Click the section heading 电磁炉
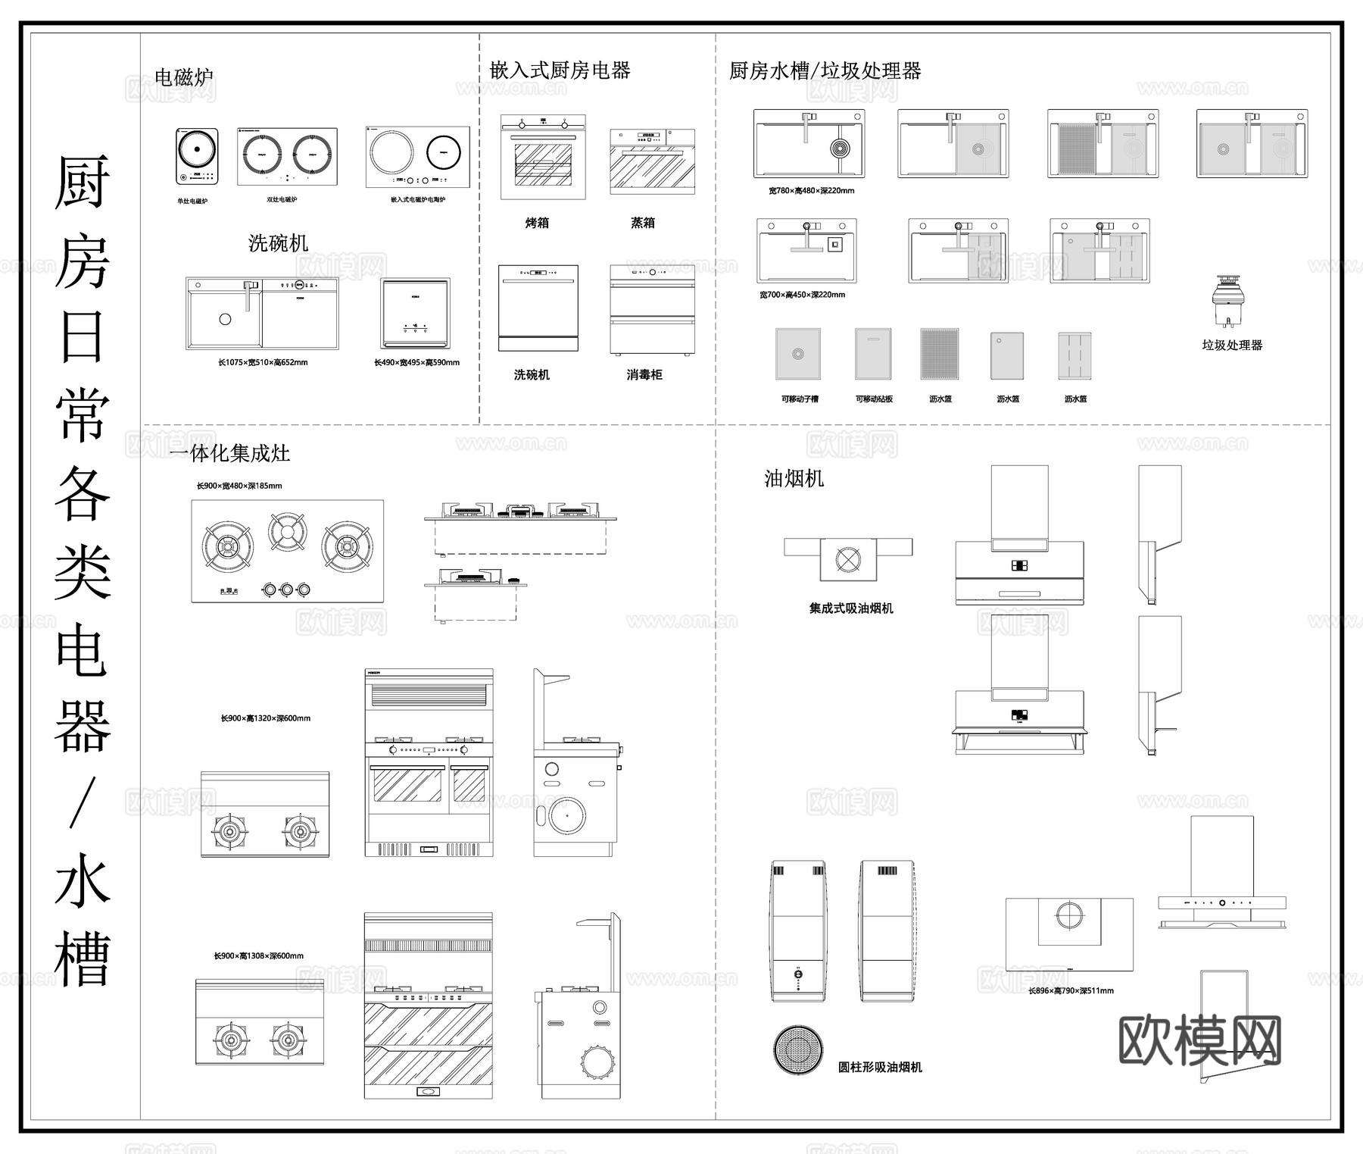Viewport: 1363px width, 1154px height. point(183,77)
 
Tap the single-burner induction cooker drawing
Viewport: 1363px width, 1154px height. point(197,155)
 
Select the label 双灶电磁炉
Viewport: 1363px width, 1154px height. point(282,200)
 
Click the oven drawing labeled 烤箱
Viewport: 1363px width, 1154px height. point(543,157)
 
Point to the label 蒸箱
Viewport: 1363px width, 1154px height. point(642,223)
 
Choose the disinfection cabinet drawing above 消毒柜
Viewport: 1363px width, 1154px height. point(652,309)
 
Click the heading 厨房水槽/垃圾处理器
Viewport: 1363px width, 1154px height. point(825,71)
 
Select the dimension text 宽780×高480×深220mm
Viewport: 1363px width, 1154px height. point(811,191)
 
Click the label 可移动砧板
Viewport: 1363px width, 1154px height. point(874,399)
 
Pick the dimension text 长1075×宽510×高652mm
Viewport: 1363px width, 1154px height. point(263,363)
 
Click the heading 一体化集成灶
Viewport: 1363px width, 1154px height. point(229,454)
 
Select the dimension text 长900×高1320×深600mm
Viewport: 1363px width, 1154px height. point(265,718)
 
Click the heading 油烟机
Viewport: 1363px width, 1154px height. point(794,479)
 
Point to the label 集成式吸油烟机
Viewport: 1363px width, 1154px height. point(851,608)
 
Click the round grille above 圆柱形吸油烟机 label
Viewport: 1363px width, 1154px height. point(797,1050)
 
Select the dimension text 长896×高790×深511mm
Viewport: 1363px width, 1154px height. point(1071,990)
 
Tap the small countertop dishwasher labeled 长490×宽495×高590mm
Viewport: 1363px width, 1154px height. point(415,313)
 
